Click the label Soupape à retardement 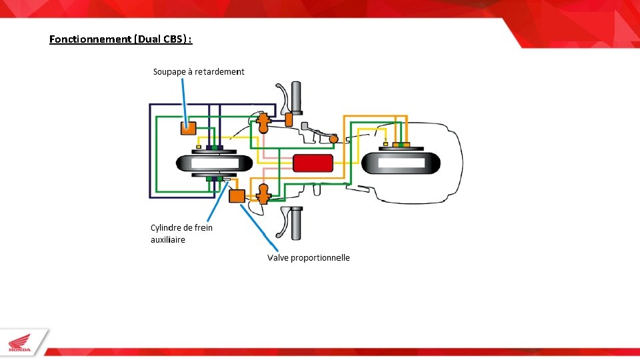[199, 71]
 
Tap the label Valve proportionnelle [308, 257]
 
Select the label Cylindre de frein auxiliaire [181, 233]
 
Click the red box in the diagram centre [313, 163]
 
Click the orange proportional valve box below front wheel [237, 195]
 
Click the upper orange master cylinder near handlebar [263, 121]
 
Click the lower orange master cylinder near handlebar [263, 194]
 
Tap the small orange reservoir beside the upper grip [289, 119]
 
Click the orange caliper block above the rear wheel [401, 144]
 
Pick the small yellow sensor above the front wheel [199, 147]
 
